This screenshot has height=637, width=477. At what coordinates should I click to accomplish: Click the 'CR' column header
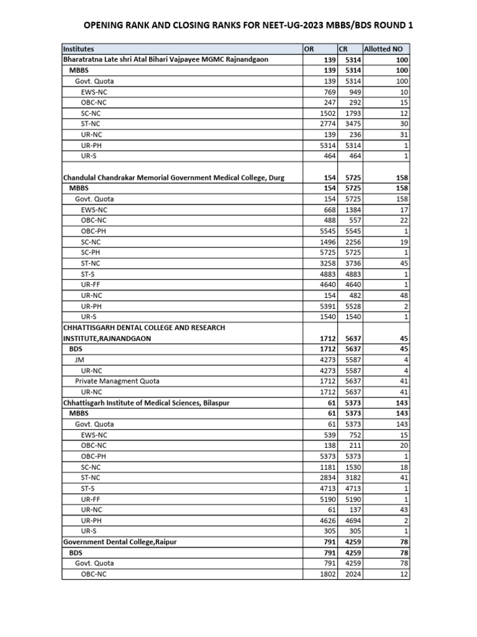pos(343,49)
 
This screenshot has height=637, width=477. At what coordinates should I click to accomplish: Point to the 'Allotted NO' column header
pos(383,49)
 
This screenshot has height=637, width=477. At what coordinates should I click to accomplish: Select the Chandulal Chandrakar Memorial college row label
pos(174,178)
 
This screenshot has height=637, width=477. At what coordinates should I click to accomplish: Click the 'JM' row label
pos(79,360)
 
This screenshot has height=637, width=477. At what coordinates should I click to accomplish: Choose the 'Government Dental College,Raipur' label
pos(120,542)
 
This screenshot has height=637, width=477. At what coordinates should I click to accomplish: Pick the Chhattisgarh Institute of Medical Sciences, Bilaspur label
pos(147,402)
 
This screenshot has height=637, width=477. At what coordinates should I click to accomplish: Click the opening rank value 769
pos(328,91)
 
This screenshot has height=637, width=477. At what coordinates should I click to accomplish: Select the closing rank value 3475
pos(350,124)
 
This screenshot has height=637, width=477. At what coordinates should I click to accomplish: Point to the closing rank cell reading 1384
pos(350,210)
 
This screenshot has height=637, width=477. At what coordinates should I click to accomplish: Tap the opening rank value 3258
pos(325,263)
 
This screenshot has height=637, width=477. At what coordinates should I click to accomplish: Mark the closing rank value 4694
pos(350,520)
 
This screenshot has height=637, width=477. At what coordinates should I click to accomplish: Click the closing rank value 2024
pos(350,574)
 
